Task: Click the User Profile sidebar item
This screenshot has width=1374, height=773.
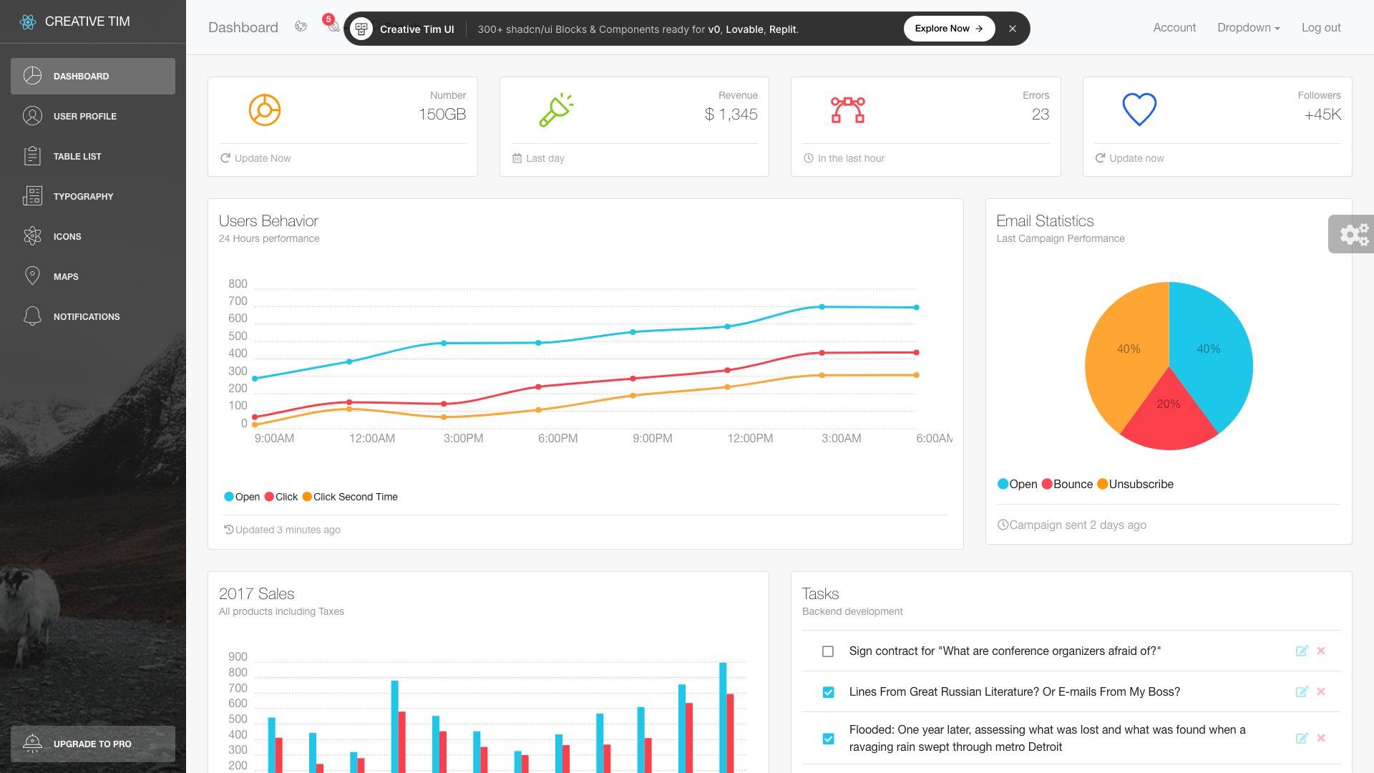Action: coord(84,116)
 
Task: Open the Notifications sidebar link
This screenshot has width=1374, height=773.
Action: coord(86,316)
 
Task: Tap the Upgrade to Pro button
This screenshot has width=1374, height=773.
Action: coord(92,744)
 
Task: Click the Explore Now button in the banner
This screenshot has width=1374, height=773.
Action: coord(948,29)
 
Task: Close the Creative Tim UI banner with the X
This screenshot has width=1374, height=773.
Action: coord(1012,29)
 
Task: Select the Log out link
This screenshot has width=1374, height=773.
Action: coord(1320,27)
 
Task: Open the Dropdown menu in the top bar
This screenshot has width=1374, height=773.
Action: coord(1248,27)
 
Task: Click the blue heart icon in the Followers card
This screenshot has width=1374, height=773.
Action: coord(1139,110)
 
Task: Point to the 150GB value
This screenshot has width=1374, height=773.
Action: coord(442,115)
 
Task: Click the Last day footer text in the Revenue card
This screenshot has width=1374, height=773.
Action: coord(545,158)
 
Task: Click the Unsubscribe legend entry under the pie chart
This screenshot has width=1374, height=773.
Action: coord(1141,484)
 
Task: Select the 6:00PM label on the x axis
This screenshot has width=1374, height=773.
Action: coord(557,438)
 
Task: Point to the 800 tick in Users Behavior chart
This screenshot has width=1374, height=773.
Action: coord(238,283)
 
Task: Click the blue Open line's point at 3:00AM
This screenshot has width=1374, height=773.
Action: coord(822,307)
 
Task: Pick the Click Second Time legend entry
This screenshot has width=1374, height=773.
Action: coord(355,497)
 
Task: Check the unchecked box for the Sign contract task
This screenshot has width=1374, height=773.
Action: coord(828,651)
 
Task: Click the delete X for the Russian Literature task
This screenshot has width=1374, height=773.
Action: coord(1321,691)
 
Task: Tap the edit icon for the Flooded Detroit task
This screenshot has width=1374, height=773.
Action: coord(1302,738)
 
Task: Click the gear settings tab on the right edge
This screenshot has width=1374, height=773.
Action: coord(1353,234)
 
